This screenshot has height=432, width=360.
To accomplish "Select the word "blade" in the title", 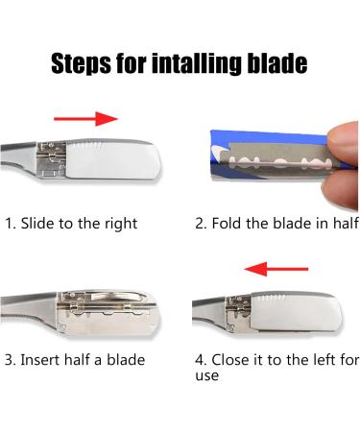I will click(277, 64).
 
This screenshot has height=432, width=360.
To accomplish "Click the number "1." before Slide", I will click(11, 224).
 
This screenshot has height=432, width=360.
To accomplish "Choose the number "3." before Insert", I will click(11, 360).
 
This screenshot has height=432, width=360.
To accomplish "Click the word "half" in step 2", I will click(342, 224).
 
